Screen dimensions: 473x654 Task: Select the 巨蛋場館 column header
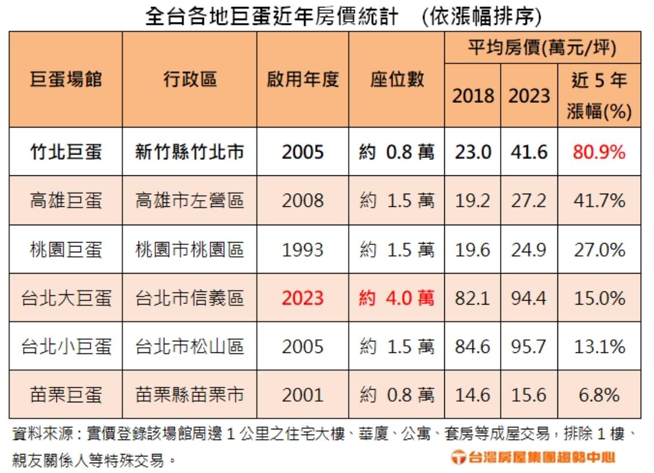click(x=66, y=79)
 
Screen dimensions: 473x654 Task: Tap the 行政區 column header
click(x=190, y=79)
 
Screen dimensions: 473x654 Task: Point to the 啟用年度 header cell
click(x=303, y=79)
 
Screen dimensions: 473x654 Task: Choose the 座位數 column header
click(x=397, y=79)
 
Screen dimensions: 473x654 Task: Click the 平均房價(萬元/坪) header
click(x=542, y=48)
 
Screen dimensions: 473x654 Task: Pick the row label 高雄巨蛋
click(x=66, y=201)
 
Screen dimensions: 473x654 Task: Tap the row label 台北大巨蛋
click(x=66, y=298)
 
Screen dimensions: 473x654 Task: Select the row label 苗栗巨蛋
click(x=66, y=395)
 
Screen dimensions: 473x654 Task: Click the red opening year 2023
click(x=303, y=298)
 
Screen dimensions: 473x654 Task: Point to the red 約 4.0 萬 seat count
click(x=397, y=298)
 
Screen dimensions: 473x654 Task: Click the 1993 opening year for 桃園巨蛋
click(x=303, y=249)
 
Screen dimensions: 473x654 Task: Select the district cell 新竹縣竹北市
click(x=190, y=152)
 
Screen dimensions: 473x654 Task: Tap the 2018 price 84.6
click(x=472, y=347)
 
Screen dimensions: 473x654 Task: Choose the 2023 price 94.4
click(x=529, y=298)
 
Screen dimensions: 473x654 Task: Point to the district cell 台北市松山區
click(x=190, y=347)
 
